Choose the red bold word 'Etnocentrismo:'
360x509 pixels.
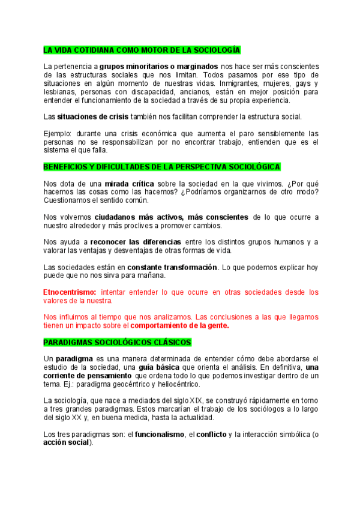[x=70, y=292]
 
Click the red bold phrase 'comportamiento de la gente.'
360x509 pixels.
[x=180, y=325]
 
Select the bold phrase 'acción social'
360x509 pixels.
[x=66, y=442]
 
